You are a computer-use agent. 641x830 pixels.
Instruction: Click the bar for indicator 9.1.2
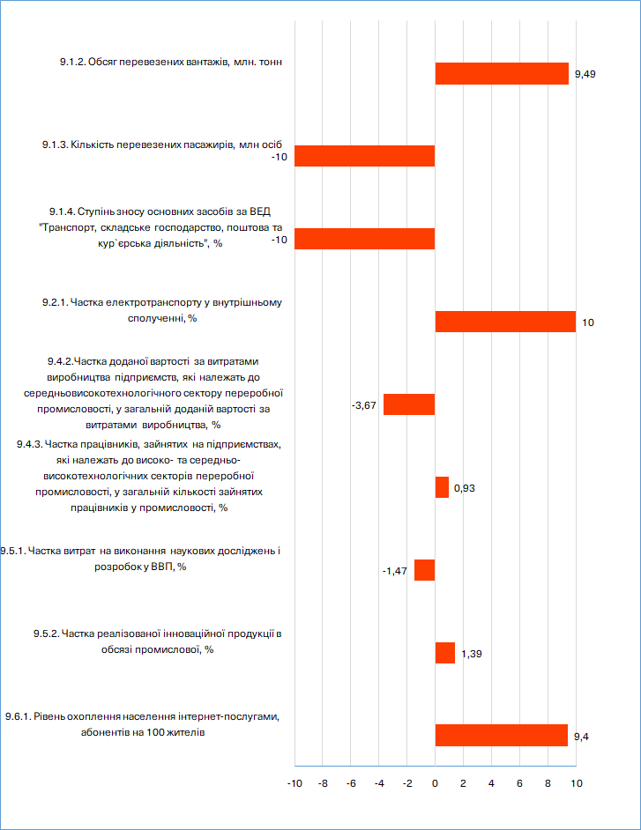click(502, 74)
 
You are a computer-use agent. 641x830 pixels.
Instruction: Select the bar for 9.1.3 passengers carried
click(364, 156)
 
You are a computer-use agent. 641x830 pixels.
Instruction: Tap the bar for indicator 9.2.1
click(505, 322)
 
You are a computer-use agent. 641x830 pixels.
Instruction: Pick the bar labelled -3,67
click(409, 404)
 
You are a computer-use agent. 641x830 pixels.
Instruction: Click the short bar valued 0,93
click(442, 487)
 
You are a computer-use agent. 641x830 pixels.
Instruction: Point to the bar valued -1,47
click(424, 570)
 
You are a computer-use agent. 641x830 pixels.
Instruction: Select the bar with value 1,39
click(445, 653)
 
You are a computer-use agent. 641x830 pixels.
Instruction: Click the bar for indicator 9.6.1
click(501, 735)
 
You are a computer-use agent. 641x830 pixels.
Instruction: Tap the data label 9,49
click(585, 74)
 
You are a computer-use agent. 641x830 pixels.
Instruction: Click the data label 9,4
click(581, 737)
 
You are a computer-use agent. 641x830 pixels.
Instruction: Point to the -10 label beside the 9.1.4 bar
click(280, 240)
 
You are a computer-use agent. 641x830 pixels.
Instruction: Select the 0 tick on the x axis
click(435, 783)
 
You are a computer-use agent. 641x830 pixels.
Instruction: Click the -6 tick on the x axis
click(351, 783)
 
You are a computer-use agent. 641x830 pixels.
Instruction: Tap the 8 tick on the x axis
click(548, 783)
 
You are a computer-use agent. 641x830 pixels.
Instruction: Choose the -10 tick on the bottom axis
click(294, 783)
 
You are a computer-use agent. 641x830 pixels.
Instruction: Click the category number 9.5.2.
click(46, 634)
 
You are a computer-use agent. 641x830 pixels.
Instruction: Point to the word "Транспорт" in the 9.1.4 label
click(67, 227)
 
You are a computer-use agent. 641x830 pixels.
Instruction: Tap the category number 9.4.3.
click(30, 444)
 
